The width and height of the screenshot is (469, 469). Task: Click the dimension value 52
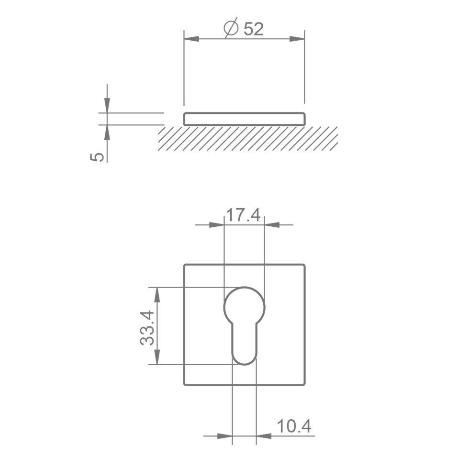pyautogui.click(x=254, y=29)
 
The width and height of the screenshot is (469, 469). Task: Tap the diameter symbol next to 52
pyautogui.click(x=231, y=28)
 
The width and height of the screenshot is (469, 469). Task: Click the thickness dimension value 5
pyautogui.click(x=97, y=157)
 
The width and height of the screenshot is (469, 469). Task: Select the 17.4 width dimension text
pyautogui.click(x=243, y=215)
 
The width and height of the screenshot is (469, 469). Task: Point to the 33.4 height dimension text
pyautogui.click(x=147, y=328)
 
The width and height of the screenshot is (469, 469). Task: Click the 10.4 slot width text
pyautogui.click(x=294, y=426)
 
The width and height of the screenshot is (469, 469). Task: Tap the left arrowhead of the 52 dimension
pyautogui.click(x=191, y=39)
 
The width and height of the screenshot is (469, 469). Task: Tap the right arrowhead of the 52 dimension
pyautogui.click(x=297, y=39)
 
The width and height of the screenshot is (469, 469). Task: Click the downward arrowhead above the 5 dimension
pyautogui.click(x=107, y=105)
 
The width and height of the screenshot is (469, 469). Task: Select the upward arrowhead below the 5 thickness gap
pyautogui.click(x=107, y=132)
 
